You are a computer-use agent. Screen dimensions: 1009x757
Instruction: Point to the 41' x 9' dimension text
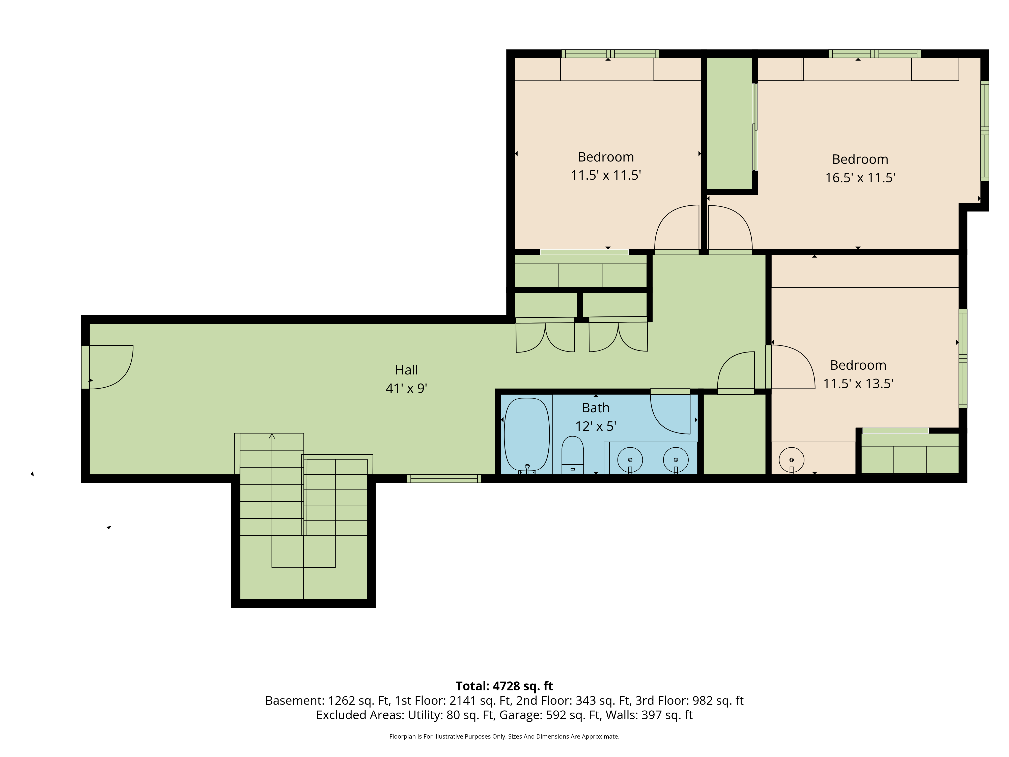[406, 388]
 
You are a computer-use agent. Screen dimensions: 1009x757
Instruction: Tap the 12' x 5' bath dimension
[596, 426]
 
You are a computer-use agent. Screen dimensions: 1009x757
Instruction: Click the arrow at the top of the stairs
[272, 436]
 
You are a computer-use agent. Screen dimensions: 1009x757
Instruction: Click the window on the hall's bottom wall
[444, 479]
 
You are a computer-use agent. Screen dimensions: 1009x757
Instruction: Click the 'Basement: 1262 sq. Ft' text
[327, 700]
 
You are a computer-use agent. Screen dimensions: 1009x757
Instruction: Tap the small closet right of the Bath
[734, 435]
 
